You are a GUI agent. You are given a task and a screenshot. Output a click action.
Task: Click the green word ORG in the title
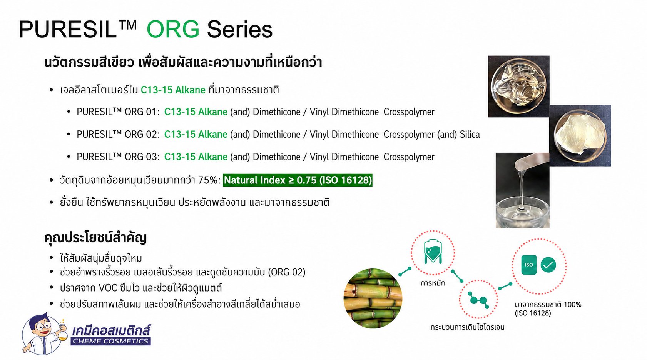(173, 29)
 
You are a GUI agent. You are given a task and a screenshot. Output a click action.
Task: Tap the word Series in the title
(240, 29)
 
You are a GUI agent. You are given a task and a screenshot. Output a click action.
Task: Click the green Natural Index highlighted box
(298, 180)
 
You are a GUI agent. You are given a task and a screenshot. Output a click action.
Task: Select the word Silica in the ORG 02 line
(470, 135)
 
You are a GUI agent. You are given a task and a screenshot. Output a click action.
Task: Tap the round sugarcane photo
(373, 298)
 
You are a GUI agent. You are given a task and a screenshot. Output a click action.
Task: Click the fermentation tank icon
(433, 252)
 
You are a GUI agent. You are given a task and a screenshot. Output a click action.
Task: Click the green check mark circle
(548, 265)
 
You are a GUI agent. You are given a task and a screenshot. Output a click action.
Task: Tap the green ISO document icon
(529, 265)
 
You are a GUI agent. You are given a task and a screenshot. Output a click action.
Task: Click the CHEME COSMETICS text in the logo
(110, 341)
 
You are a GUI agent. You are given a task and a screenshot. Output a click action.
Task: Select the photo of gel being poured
(523, 190)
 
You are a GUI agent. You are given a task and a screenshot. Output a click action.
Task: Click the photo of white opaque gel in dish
(580, 135)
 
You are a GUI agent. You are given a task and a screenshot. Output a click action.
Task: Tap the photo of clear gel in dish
(519, 87)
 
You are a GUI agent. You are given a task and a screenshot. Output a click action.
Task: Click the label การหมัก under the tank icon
(433, 283)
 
